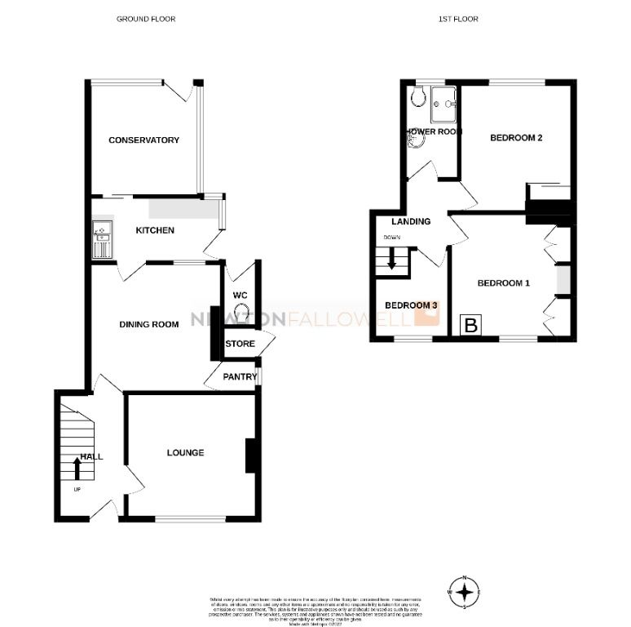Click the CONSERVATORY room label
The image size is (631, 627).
click(143, 140)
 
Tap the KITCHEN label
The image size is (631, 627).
click(155, 230)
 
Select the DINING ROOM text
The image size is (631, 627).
click(149, 324)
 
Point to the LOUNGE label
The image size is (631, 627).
click(185, 452)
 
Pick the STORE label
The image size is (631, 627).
click(240, 344)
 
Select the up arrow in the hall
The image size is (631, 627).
click(77, 468)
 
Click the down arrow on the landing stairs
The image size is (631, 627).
click(391, 260)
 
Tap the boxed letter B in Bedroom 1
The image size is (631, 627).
click(470, 326)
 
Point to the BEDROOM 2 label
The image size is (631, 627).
click(516, 138)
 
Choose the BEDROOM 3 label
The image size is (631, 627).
click(411, 305)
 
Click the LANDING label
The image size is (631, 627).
click(411, 221)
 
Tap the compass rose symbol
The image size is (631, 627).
click(465, 592)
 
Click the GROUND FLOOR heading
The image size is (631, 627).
click(146, 19)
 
